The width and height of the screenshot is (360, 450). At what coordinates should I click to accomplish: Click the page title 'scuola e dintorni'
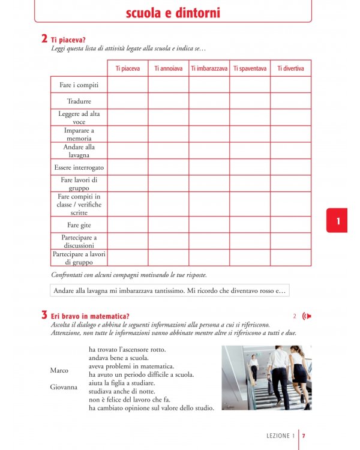173,13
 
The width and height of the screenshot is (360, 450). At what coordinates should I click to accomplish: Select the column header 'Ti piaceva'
128,68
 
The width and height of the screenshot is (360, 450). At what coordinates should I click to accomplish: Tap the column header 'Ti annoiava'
169,68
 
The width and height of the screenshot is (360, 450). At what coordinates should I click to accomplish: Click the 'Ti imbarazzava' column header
209,68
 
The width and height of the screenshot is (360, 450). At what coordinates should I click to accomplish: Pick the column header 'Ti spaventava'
250,68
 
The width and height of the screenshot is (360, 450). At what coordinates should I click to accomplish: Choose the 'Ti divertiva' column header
290,68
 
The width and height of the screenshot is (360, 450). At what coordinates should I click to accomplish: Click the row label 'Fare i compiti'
79,85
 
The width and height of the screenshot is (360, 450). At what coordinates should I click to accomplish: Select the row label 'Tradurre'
79,101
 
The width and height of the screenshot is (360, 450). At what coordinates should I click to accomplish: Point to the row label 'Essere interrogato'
79,167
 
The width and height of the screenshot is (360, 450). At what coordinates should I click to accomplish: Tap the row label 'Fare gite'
79,225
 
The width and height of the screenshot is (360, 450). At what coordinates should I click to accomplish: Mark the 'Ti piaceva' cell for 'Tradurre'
128,101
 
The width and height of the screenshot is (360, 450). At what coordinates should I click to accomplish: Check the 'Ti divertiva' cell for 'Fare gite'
290,225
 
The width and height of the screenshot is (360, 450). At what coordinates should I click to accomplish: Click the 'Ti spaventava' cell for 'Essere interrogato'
250,167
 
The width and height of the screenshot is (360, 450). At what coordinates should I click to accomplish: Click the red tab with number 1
338,221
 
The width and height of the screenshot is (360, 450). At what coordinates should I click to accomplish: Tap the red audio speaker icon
307,316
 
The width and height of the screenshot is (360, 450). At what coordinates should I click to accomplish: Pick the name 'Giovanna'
63,387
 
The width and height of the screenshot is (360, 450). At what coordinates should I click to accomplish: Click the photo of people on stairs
266,377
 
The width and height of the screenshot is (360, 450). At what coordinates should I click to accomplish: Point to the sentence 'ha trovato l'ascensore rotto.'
127,349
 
